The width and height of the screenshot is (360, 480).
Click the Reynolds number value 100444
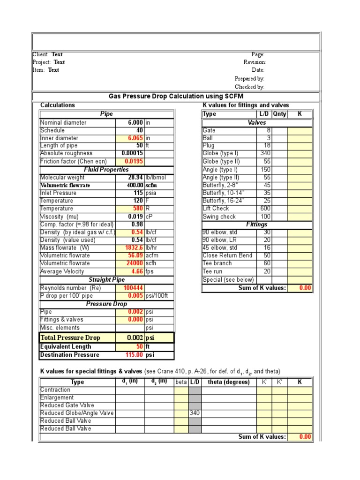tap(134, 288)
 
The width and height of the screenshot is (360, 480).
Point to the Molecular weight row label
tap(62, 178)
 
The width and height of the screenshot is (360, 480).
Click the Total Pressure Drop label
tap(70, 337)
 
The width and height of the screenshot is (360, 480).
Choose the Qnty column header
tap(279, 114)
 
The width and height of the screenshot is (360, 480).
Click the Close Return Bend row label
tap(227, 255)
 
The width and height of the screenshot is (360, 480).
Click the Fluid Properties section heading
tap(106, 170)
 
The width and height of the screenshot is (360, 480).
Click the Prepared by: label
tap(250, 79)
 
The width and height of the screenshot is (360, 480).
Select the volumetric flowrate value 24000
tap(133, 263)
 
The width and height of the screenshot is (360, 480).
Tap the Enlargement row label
tap(57, 397)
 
